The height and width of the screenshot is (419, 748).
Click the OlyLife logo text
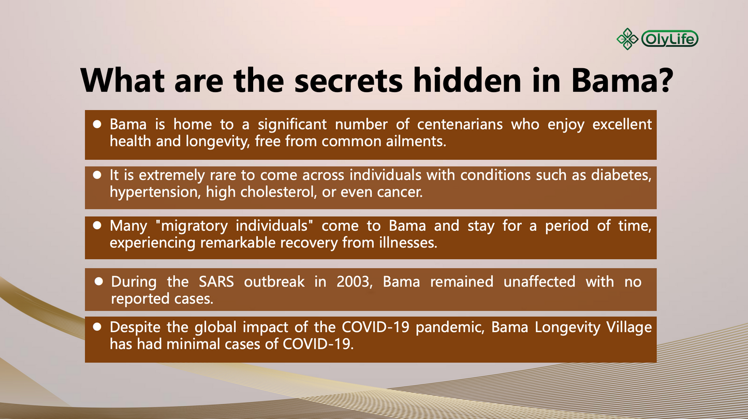670,39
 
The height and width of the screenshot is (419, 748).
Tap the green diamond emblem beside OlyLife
627,39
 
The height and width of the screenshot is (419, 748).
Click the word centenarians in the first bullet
460,125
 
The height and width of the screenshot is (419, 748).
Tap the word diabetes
622,175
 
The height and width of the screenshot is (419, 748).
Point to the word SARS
216,282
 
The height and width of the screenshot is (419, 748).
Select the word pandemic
450,327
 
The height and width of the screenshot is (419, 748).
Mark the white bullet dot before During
99,281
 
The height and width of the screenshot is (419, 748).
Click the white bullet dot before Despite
97,327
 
